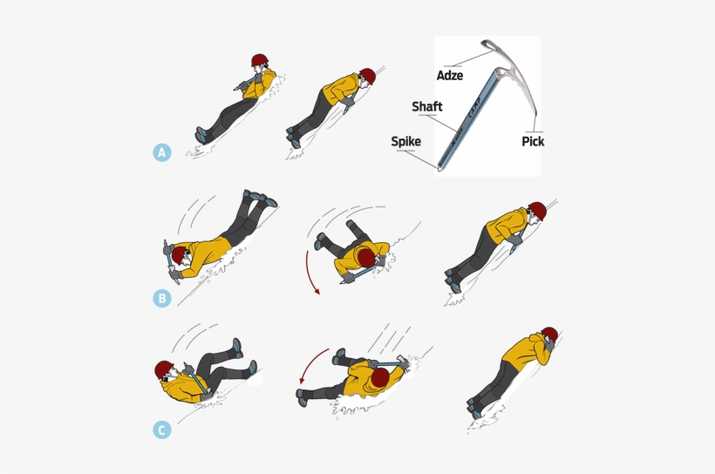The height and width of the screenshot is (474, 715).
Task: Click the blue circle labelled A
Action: pos(161,152)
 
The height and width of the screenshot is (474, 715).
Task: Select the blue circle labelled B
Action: pos(161,298)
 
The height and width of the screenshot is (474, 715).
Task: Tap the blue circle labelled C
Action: pos(161,430)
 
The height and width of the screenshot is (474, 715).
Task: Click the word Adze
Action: pos(450,76)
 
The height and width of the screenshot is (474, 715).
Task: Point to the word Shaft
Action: pos(427,107)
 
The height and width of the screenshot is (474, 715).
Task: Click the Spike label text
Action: pos(405,140)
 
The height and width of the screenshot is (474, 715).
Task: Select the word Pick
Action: pos(533,140)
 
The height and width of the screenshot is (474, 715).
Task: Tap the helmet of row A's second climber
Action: pos(367,77)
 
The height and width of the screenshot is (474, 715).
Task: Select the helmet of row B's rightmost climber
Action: pos(537,210)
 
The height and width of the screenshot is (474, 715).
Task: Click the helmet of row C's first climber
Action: pos(165,369)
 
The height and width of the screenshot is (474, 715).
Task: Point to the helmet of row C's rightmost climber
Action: pos(548,335)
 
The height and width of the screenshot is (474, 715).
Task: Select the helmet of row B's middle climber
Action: pos(366,260)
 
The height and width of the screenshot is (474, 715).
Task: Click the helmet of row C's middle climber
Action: pos(379,377)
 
